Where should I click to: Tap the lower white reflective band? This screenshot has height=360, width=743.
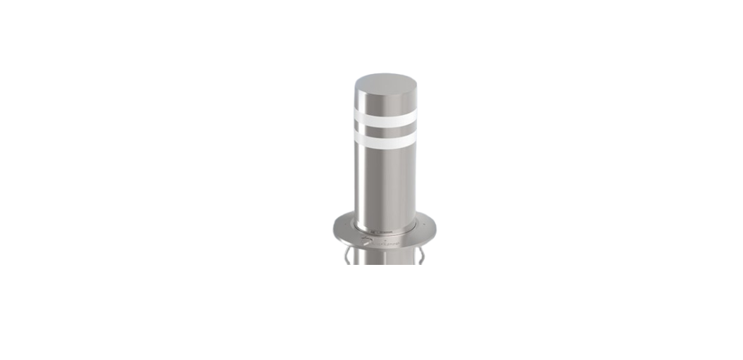385,140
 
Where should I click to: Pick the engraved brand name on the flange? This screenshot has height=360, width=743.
388,244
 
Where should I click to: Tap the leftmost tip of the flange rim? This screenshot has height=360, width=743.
333,230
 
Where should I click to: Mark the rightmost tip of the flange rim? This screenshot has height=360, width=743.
437,228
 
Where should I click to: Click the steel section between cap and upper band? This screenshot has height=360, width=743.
385,101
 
